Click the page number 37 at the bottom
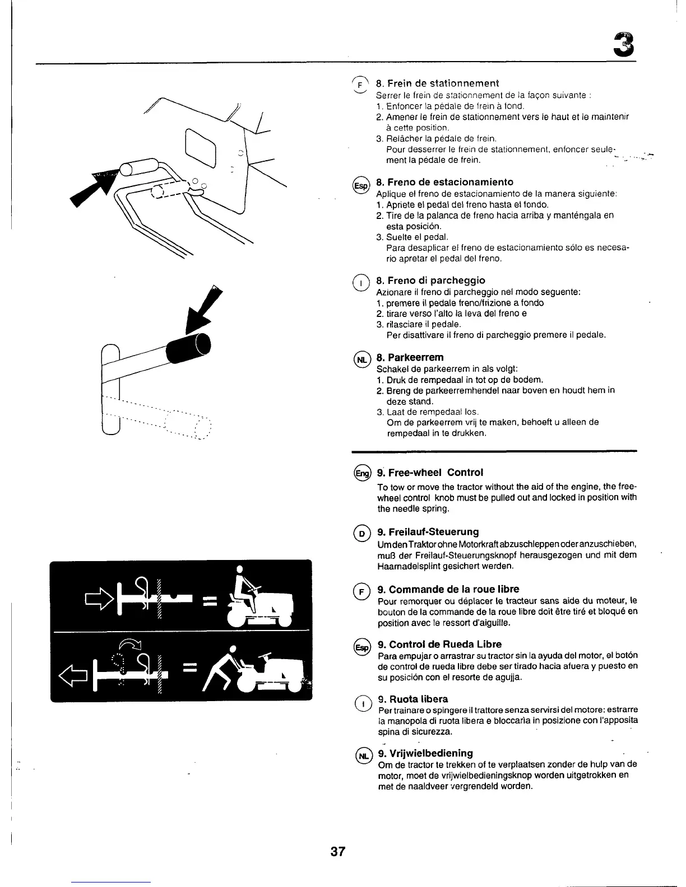coord(338,852)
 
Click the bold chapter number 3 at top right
coord(624,45)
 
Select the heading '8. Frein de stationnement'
coord(437,83)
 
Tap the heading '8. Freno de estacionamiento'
coord(444,182)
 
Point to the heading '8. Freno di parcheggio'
coord(430,280)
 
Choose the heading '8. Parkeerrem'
coord(410,357)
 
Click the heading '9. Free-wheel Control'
coord(430,472)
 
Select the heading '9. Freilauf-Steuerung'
coord(428,531)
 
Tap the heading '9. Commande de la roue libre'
coord(448,589)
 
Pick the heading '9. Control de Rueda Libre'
coord(439,644)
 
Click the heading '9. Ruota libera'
coord(412,699)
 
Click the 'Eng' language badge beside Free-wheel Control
coord(362,474)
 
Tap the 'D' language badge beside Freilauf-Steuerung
coord(361,533)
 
